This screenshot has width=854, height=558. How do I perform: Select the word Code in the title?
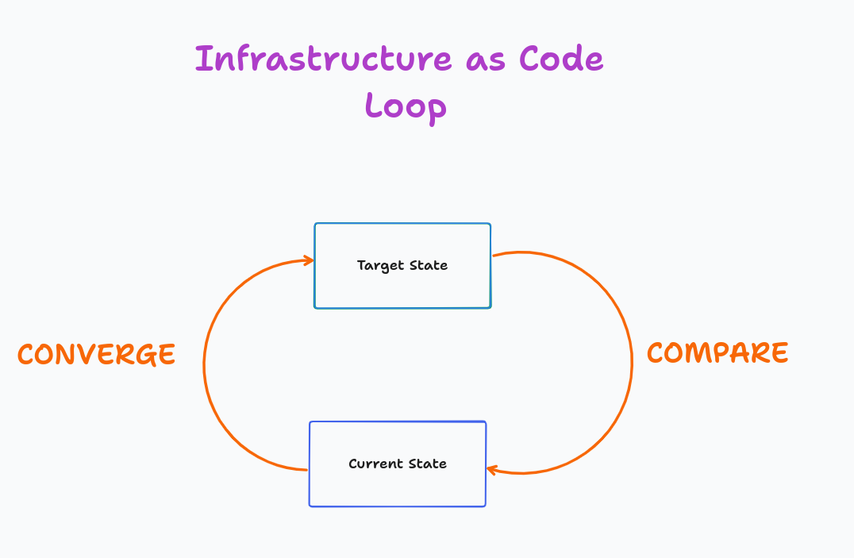561,60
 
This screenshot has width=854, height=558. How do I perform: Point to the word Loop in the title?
406,106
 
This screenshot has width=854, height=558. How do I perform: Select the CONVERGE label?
96,355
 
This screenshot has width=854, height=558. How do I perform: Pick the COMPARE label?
717,352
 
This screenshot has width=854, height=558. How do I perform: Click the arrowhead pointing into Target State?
306,260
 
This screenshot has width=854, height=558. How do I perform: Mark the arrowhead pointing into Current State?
494,470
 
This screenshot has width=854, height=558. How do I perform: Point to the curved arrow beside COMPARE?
631,361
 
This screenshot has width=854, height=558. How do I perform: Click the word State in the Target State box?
429,266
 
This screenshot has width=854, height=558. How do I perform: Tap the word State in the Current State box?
428,464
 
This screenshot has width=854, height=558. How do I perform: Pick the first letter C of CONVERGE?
25,355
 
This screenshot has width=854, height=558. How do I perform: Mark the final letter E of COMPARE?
780,352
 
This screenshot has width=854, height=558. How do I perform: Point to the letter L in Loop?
372,106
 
